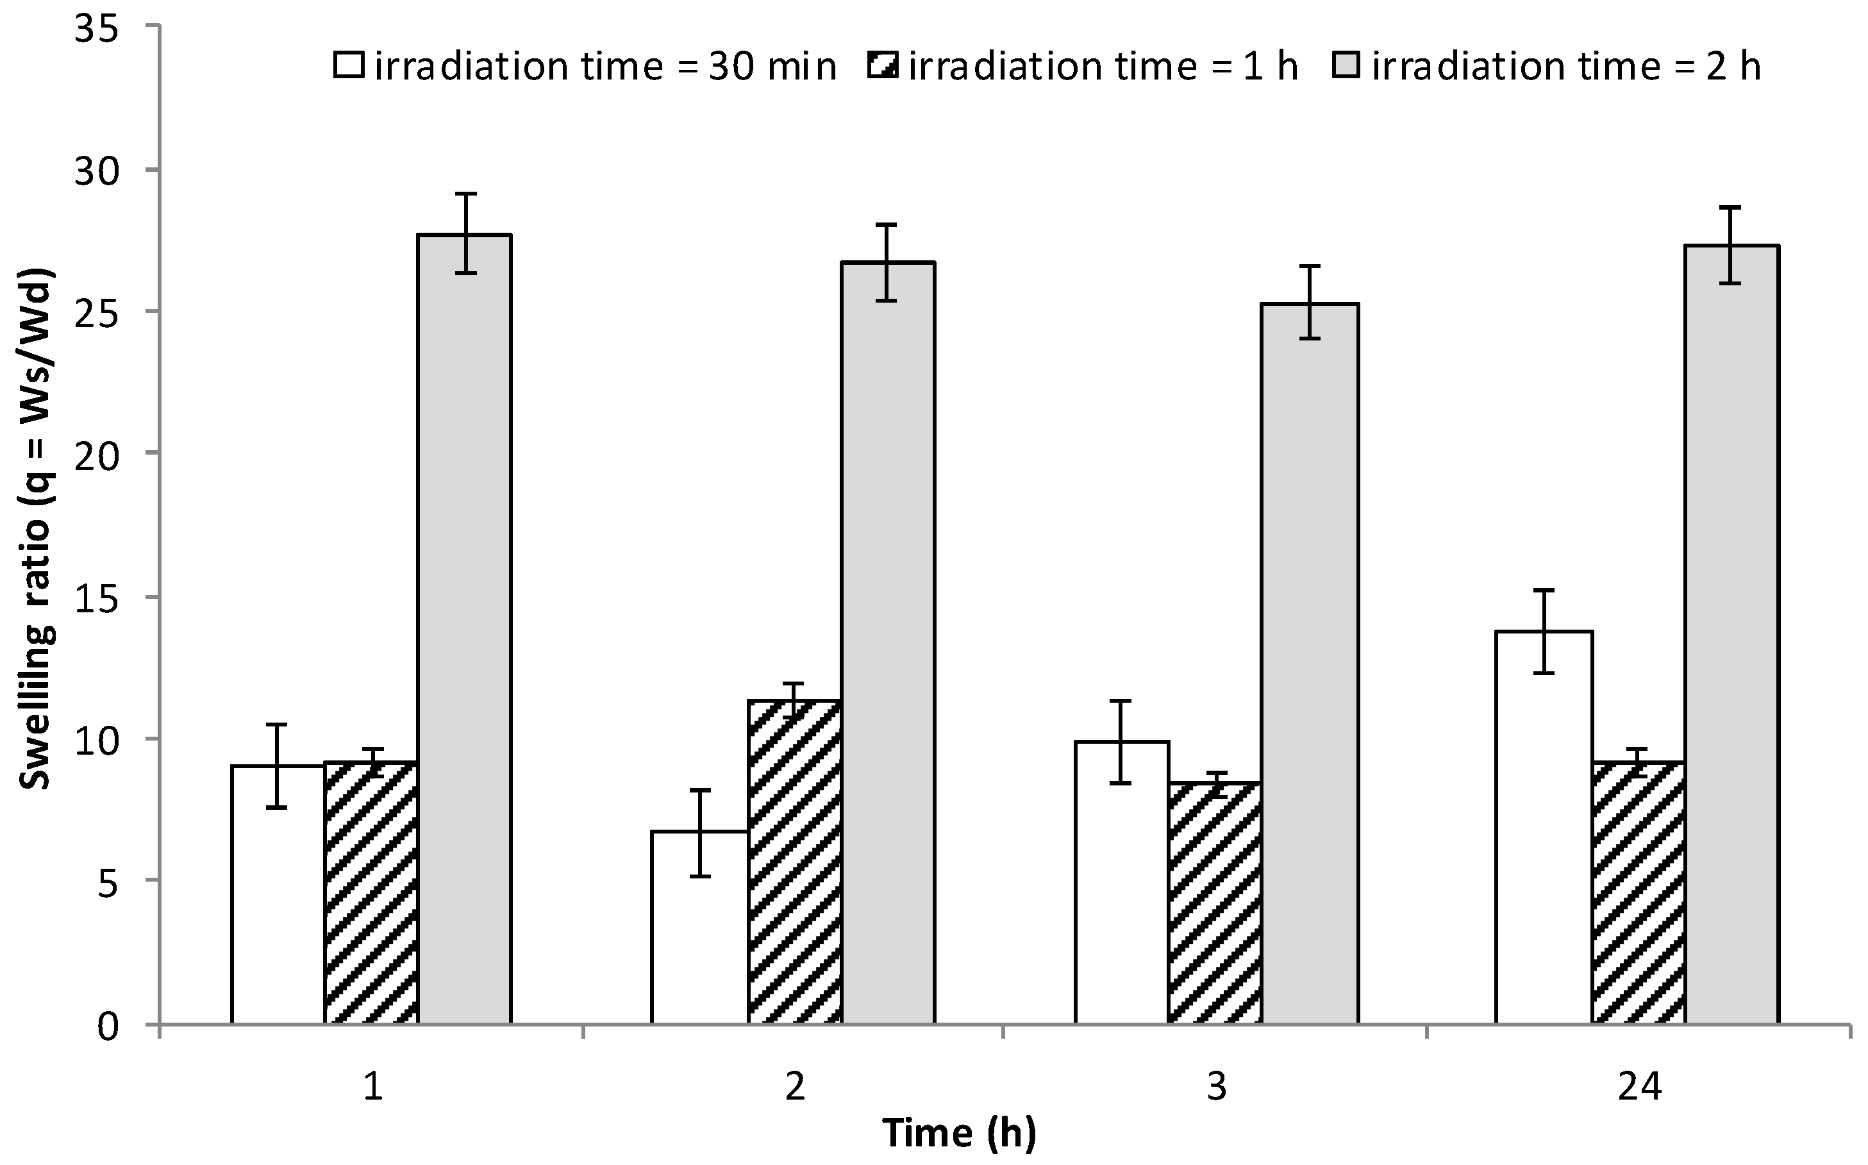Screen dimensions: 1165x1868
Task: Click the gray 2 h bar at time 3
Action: [x=1310, y=662]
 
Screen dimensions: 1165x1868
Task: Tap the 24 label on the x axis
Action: [x=1639, y=1088]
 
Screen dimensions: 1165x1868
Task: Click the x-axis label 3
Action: [x=1215, y=1088]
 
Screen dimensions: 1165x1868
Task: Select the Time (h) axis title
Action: [x=959, y=1133]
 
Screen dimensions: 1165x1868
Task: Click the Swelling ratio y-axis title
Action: [x=35, y=532]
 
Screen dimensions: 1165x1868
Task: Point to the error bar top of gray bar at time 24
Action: [x=1733, y=207]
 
